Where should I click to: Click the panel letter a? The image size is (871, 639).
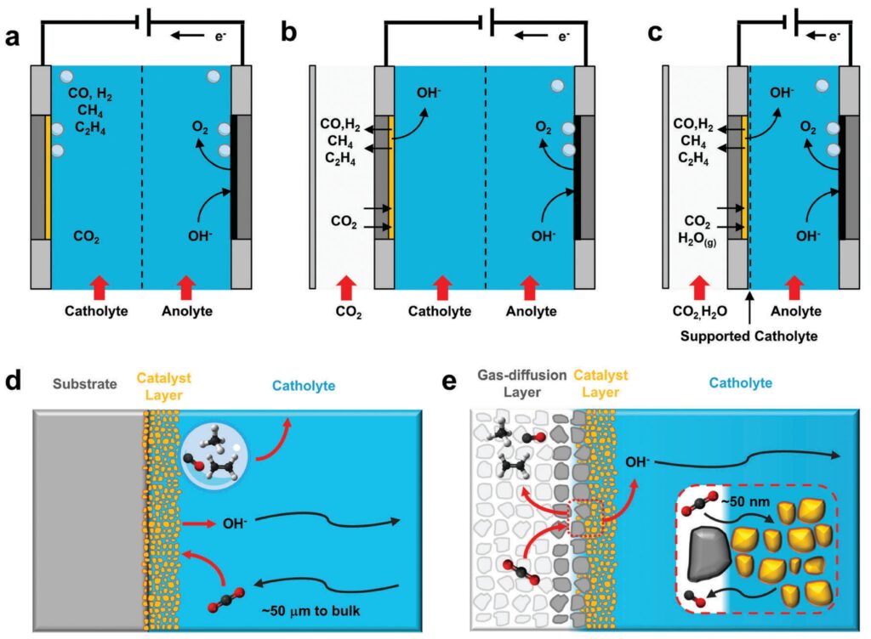[x=12, y=37]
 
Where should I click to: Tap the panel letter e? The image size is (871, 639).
[x=448, y=382]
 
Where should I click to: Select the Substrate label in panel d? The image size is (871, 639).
[x=85, y=384]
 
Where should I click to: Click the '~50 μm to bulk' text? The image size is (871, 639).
[x=310, y=611]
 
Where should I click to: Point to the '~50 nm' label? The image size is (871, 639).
[x=745, y=502]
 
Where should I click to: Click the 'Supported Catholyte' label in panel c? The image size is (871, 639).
[x=749, y=336]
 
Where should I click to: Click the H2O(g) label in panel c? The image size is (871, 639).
[x=697, y=239]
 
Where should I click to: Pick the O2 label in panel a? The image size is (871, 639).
[x=200, y=128]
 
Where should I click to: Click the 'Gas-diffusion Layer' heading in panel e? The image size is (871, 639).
[x=521, y=383]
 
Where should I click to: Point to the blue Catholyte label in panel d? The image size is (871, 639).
[x=304, y=386]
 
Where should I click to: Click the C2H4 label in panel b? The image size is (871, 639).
[x=340, y=159]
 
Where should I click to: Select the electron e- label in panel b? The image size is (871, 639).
[x=563, y=37]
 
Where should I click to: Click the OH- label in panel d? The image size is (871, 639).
[x=235, y=523]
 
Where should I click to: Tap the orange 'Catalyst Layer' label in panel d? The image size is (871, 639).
[x=164, y=387]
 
